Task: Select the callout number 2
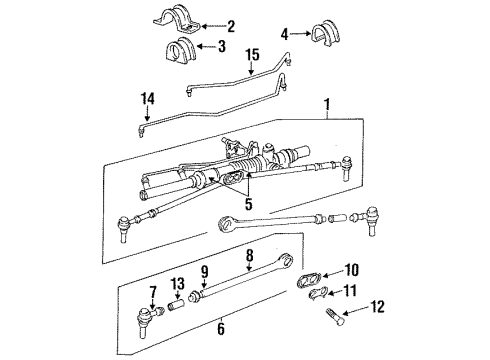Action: click(x=231, y=26)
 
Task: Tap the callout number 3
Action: click(x=222, y=46)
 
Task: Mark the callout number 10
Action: click(x=352, y=267)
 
